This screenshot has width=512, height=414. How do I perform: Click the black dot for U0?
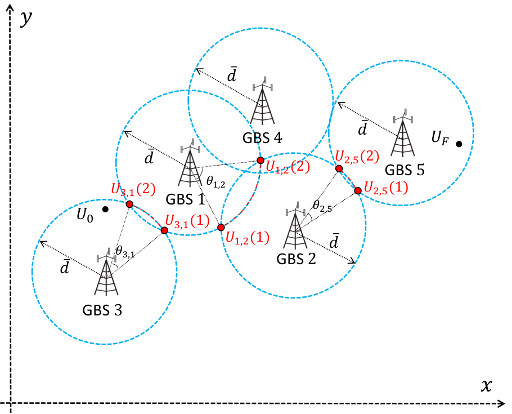[x=105, y=209]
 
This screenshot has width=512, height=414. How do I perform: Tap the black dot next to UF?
[x=459, y=144]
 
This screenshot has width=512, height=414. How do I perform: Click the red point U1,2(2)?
[x=261, y=160]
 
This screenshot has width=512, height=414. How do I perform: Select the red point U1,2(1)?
[x=221, y=227]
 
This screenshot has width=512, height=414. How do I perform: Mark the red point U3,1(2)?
[x=129, y=204]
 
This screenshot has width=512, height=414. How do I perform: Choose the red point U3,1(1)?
[x=164, y=230]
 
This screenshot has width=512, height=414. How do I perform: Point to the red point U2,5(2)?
[x=339, y=169]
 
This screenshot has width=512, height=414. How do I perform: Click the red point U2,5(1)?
[x=358, y=190]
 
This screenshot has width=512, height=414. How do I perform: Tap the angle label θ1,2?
[x=215, y=181]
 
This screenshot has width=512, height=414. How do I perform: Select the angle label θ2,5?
[x=322, y=206]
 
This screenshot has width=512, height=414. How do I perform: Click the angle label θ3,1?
[x=125, y=252]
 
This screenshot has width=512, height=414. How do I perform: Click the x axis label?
[x=486, y=385]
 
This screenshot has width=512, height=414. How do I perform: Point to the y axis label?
[x=26, y=19]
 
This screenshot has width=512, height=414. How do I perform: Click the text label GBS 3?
[x=102, y=310]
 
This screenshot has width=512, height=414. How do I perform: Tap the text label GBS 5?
[x=405, y=170]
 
